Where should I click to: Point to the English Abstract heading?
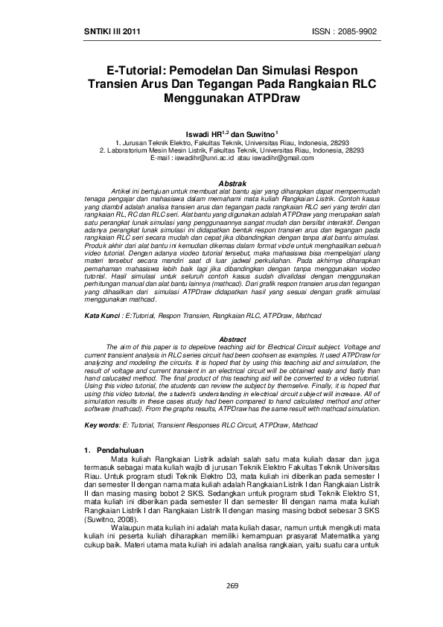point(231,340)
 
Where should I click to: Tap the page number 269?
point(232,587)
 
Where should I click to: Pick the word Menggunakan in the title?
point(203,98)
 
